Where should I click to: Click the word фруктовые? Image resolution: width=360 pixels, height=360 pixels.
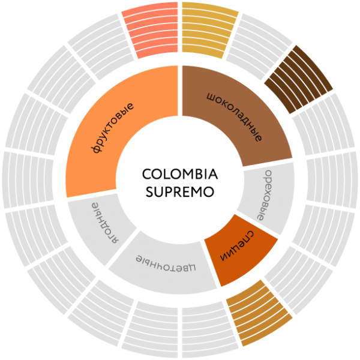pyautogui.click(x=113, y=127)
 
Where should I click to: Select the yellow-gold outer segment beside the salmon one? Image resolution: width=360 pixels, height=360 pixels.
pyautogui.click(x=208, y=31)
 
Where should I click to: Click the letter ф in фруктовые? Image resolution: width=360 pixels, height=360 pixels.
pyautogui.click(x=98, y=148)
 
